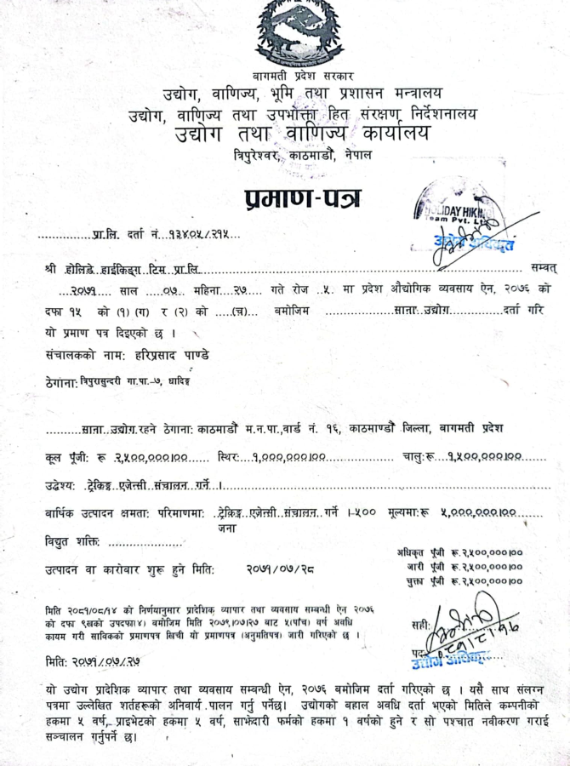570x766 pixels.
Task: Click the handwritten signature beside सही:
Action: [x=466, y=626]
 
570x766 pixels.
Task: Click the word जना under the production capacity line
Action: [x=226, y=528]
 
